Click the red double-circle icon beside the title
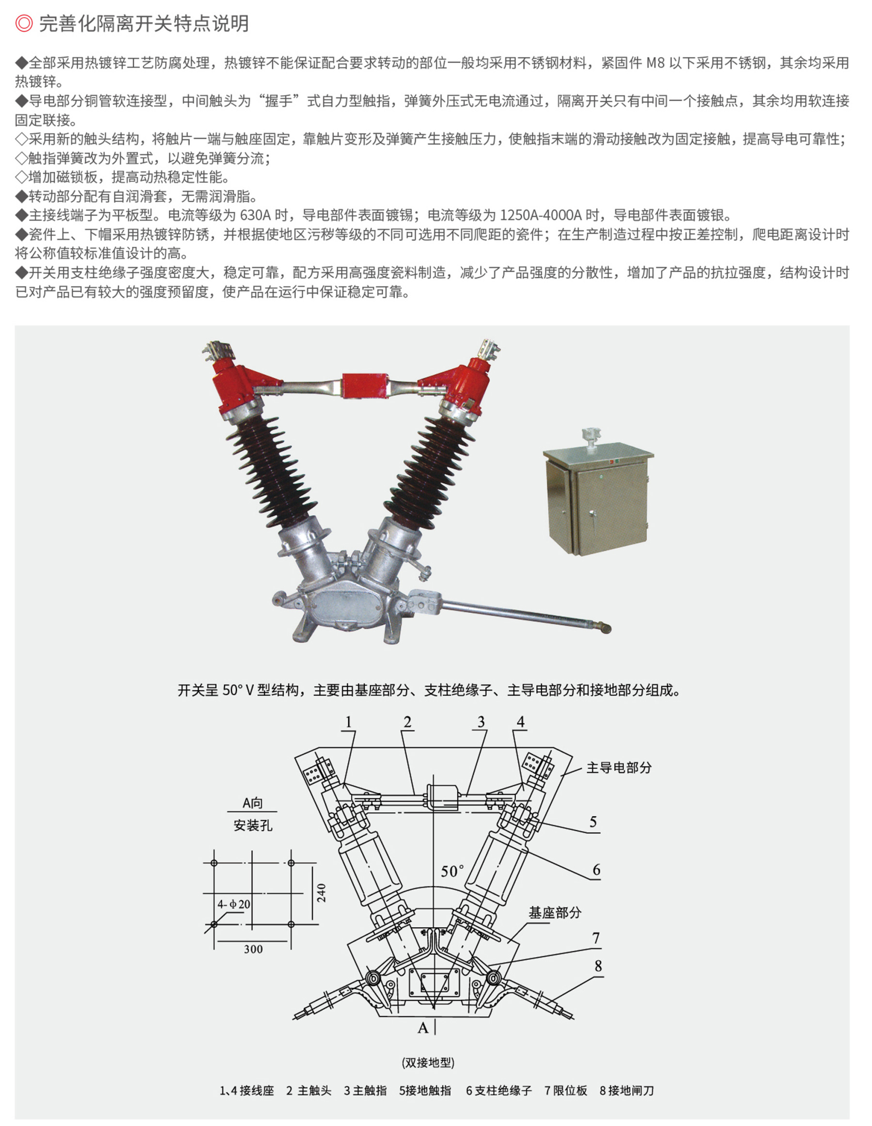click(x=24, y=23)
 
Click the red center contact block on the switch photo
click(x=365, y=386)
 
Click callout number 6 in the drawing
click(x=596, y=870)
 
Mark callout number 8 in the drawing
click(x=598, y=966)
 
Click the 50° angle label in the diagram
click(x=452, y=872)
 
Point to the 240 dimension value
click(x=321, y=893)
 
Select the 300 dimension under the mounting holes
click(x=253, y=949)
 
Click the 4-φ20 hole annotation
click(x=234, y=904)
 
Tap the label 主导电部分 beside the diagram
click(x=619, y=768)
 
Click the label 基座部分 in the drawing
click(x=555, y=913)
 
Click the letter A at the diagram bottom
click(x=423, y=1028)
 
